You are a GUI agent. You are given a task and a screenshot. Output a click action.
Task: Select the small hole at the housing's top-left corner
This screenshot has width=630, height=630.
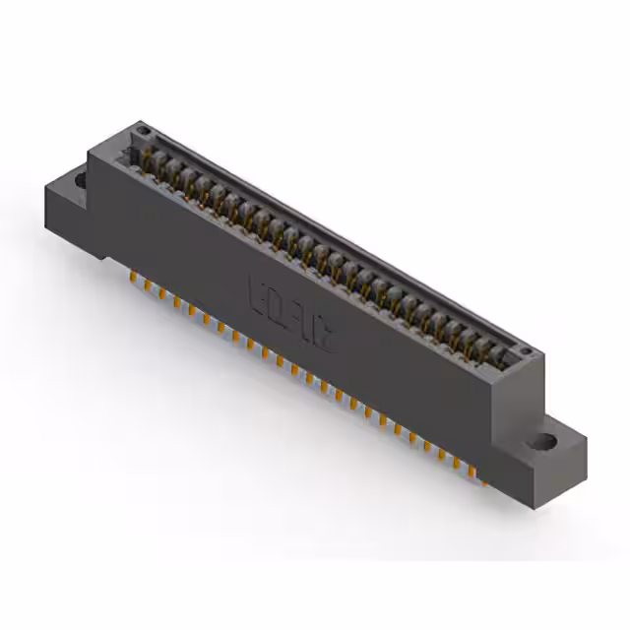coord(144,130)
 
